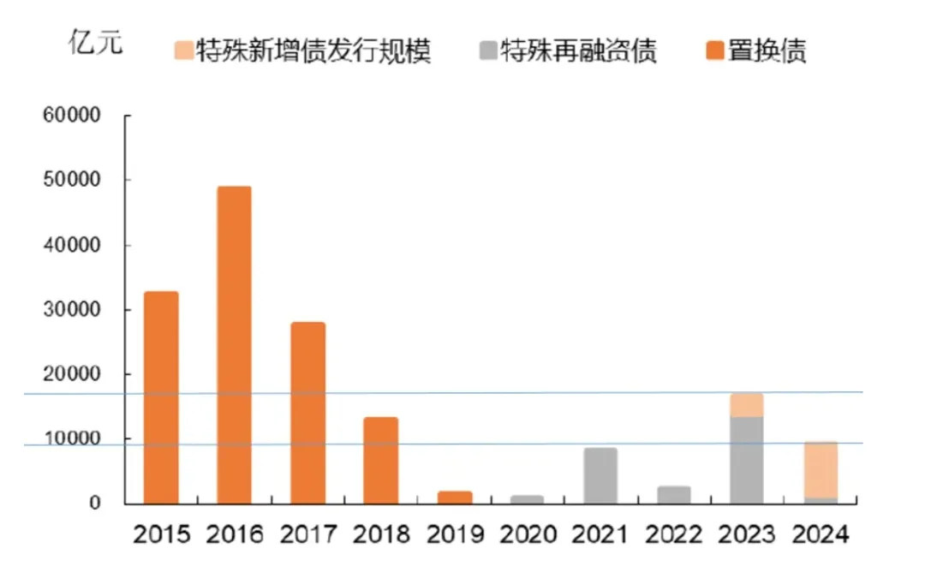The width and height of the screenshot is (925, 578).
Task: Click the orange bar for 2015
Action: click(x=160, y=397)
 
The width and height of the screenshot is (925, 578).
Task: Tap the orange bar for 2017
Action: click(x=307, y=413)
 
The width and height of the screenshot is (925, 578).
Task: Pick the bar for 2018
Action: click(x=380, y=460)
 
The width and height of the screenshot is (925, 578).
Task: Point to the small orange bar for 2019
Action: click(x=454, y=498)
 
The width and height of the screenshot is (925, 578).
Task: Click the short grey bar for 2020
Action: click(x=527, y=499)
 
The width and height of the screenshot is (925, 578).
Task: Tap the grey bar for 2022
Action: click(x=673, y=495)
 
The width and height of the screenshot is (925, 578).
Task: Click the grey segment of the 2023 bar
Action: click(x=747, y=460)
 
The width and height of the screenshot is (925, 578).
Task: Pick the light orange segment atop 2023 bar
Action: click(x=747, y=405)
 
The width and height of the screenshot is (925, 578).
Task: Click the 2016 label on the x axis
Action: click(x=234, y=536)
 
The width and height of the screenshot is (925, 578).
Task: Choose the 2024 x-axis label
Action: click(x=821, y=536)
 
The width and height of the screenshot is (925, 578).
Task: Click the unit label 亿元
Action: click(x=95, y=43)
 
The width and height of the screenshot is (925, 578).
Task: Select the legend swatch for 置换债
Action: click(x=714, y=51)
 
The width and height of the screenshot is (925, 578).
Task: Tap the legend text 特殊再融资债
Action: click(x=579, y=51)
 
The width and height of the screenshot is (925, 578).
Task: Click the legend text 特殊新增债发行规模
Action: click(x=313, y=51)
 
